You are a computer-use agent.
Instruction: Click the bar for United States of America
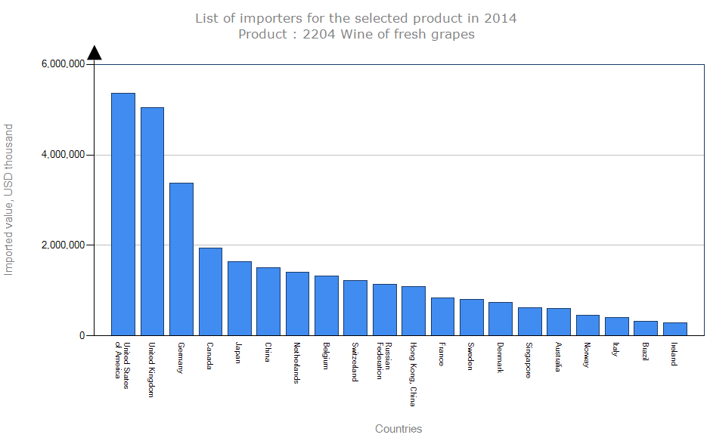pyautogui.click(x=123, y=214)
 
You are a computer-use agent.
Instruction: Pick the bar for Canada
pyautogui.click(x=210, y=291)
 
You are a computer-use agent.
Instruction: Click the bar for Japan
pyautogui.click(x=240, y=298)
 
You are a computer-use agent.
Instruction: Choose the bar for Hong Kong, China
pyautogui.click(x=414, y=310)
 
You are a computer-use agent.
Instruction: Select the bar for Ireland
pyautogui.click(x=674, y=328)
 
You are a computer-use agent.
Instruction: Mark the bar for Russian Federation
pyautogui.click(x=384, y=310)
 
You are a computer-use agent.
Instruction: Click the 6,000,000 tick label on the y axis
pyautogui.click(x=61, y=65)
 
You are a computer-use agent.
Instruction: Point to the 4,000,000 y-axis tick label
pyautogui.click(x=61, y=155)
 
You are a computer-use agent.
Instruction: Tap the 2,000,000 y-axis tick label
pyautogui.click(x=61, y=245)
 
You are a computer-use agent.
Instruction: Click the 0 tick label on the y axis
pyautogui.click(x=81, y=336)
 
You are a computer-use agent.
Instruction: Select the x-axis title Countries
pyautogui.click(x=398, y=429)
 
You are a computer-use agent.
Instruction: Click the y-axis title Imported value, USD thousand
pyautogui.click(x=9, y=199)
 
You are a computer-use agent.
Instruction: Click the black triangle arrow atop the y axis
pyautogui.click(x=95, y=52)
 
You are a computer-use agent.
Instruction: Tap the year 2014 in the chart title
pyautogui.click(x=500, y=17)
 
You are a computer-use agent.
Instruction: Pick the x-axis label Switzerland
pyautogui.click(x=355, y=362)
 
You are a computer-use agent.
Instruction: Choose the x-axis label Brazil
pyautogui.click(x=645, y=352)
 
